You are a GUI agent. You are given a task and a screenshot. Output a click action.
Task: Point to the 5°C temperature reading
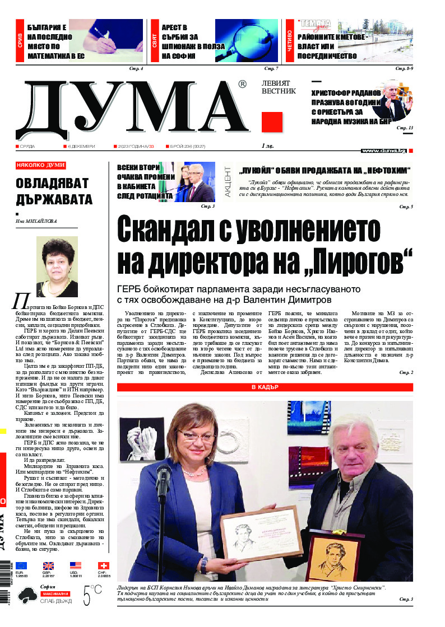(x=92, y=595)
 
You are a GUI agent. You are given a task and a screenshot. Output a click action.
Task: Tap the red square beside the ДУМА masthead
(x=272, y=121)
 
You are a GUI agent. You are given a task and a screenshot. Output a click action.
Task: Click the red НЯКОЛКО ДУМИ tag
(x=41, y=165)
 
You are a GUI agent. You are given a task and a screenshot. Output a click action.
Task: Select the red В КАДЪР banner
(x=265, y=387)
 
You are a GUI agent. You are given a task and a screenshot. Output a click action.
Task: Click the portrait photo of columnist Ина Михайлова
(x=57, y=266)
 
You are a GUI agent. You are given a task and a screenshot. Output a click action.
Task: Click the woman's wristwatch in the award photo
(x=203, y=565)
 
